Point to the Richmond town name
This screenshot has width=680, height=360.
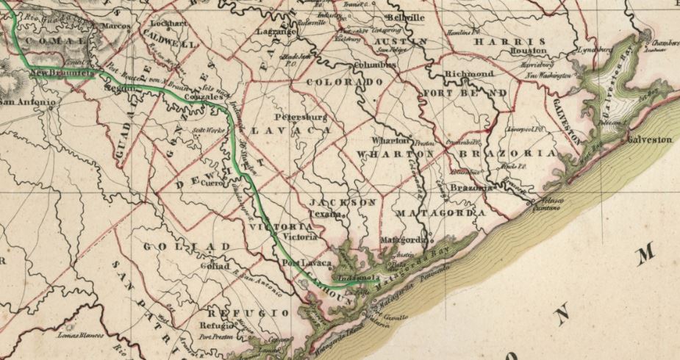point(469,75)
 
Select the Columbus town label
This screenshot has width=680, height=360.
point(376,65)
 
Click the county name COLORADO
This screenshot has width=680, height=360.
point(344,82)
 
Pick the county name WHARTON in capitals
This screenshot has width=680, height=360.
point(395,154)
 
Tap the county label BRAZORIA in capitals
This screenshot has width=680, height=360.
point(506,154)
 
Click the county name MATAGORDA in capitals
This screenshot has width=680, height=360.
point(441,213)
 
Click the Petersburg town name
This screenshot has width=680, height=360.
point(299,117)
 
